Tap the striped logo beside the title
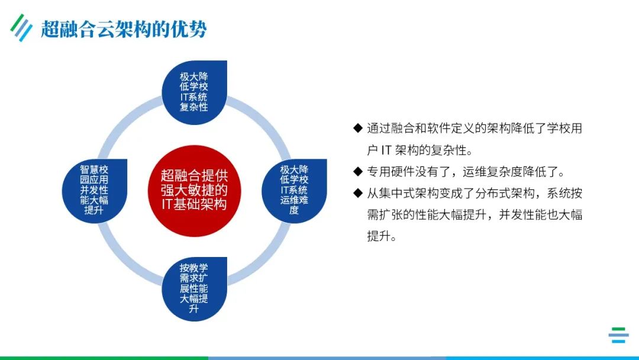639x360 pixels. click(21, 27)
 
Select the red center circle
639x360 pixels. click(194, 190)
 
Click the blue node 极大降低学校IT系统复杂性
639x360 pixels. click(194, 92)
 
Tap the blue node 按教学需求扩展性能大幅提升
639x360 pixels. click(194, 289)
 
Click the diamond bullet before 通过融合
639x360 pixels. click(357, 128)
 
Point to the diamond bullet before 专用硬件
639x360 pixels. click(357, 172)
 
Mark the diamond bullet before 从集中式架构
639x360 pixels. click(357, 193)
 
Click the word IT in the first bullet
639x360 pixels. click(385, 150)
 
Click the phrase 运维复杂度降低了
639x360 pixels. click(509, 172)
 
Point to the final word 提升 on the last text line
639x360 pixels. click(379, 236)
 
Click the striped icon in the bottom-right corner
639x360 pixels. click(618, 335)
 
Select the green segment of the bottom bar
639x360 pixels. click(104, 358)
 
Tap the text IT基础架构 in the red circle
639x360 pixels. click(194, 204)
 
